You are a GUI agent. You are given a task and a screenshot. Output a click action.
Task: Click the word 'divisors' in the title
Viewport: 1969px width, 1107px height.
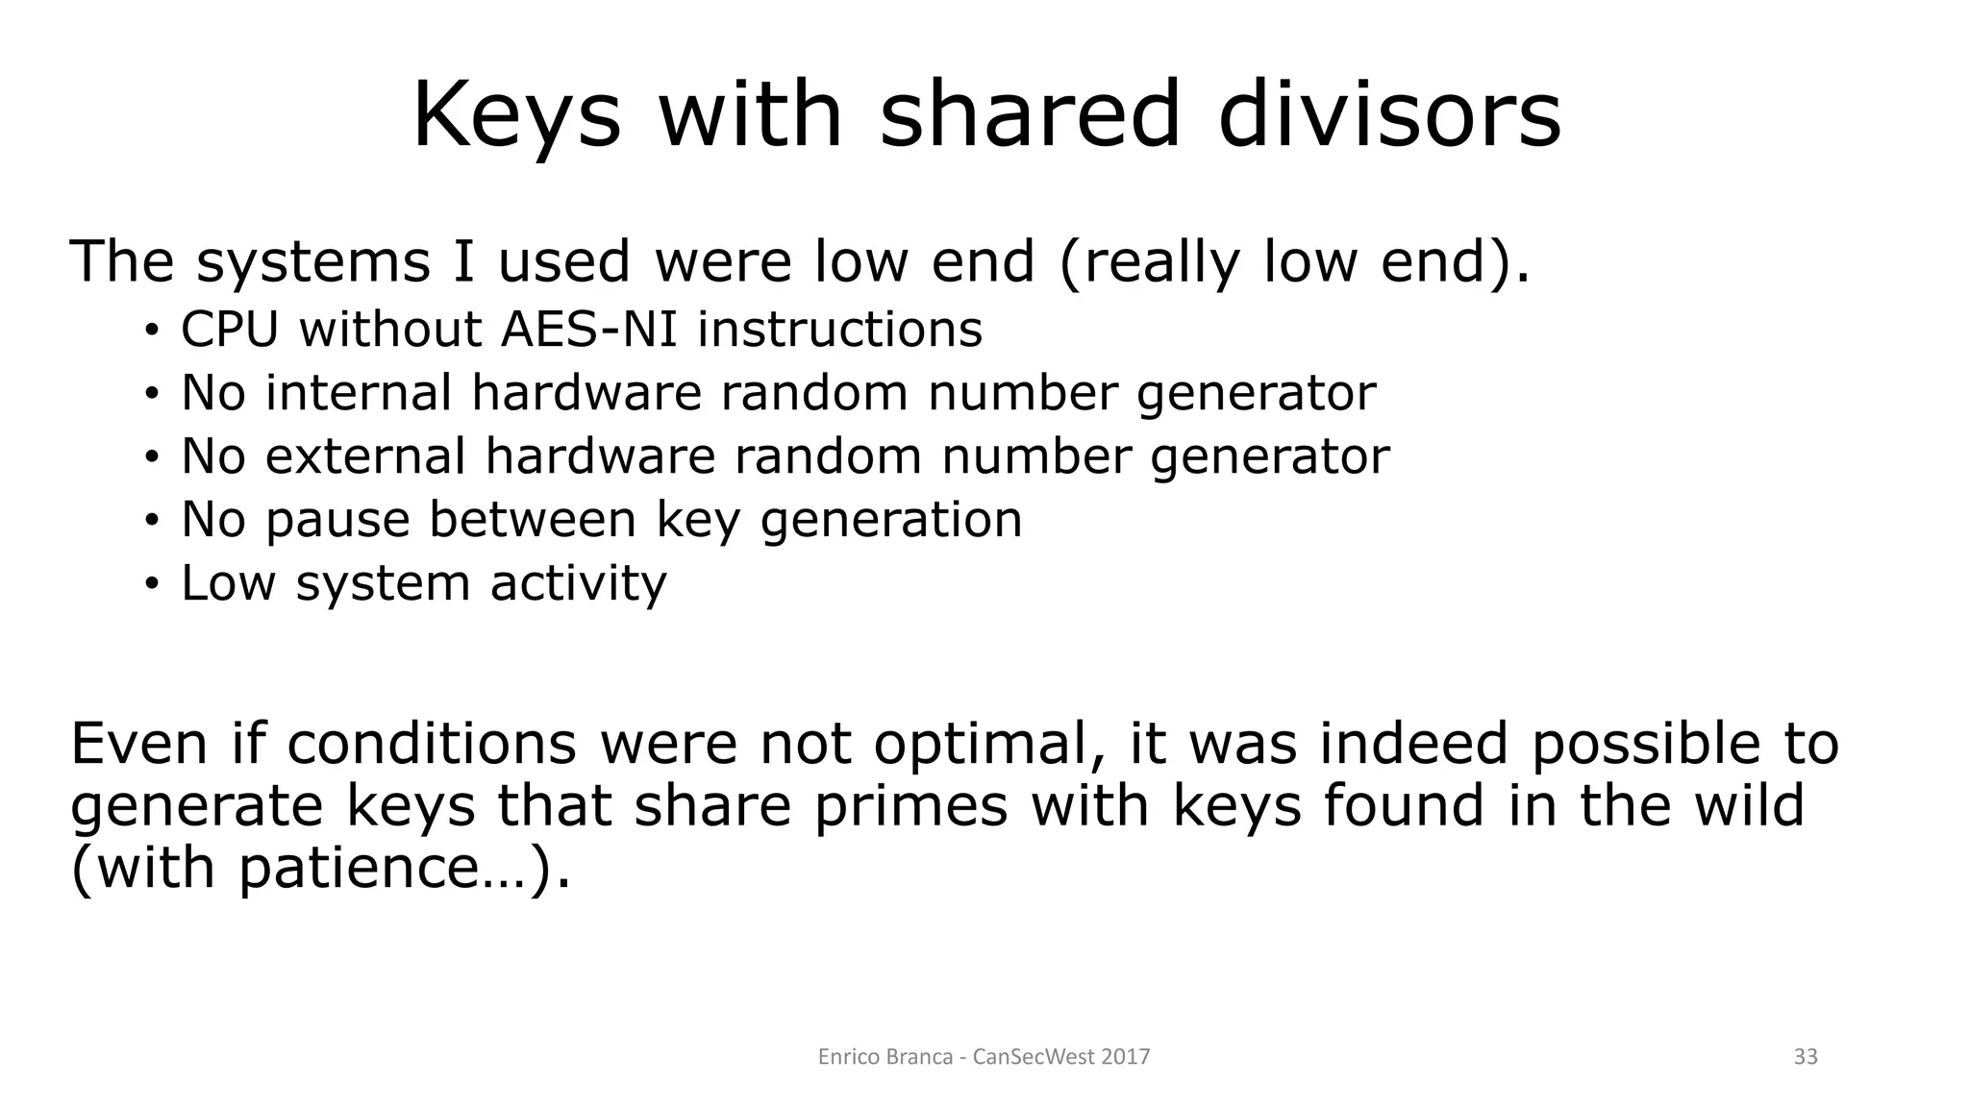[1389, 115]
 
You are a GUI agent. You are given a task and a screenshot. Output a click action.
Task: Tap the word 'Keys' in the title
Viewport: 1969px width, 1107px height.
[516, 115]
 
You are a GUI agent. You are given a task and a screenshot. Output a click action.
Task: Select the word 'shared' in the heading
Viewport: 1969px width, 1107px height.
[1030, 115]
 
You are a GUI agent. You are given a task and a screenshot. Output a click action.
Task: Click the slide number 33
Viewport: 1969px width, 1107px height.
[1806, 1057]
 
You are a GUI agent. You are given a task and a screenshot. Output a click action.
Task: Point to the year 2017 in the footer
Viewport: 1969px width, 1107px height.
[1126, 1057]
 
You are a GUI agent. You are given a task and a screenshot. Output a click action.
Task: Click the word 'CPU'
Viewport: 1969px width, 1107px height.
[230, 330]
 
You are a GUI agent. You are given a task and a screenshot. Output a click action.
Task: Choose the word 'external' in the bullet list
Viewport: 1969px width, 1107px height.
[365, 456]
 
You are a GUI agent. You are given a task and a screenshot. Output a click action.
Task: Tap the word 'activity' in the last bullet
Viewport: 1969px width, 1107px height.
[578, 584]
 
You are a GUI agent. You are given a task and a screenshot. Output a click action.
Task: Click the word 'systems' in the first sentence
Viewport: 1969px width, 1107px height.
[312, 262]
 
